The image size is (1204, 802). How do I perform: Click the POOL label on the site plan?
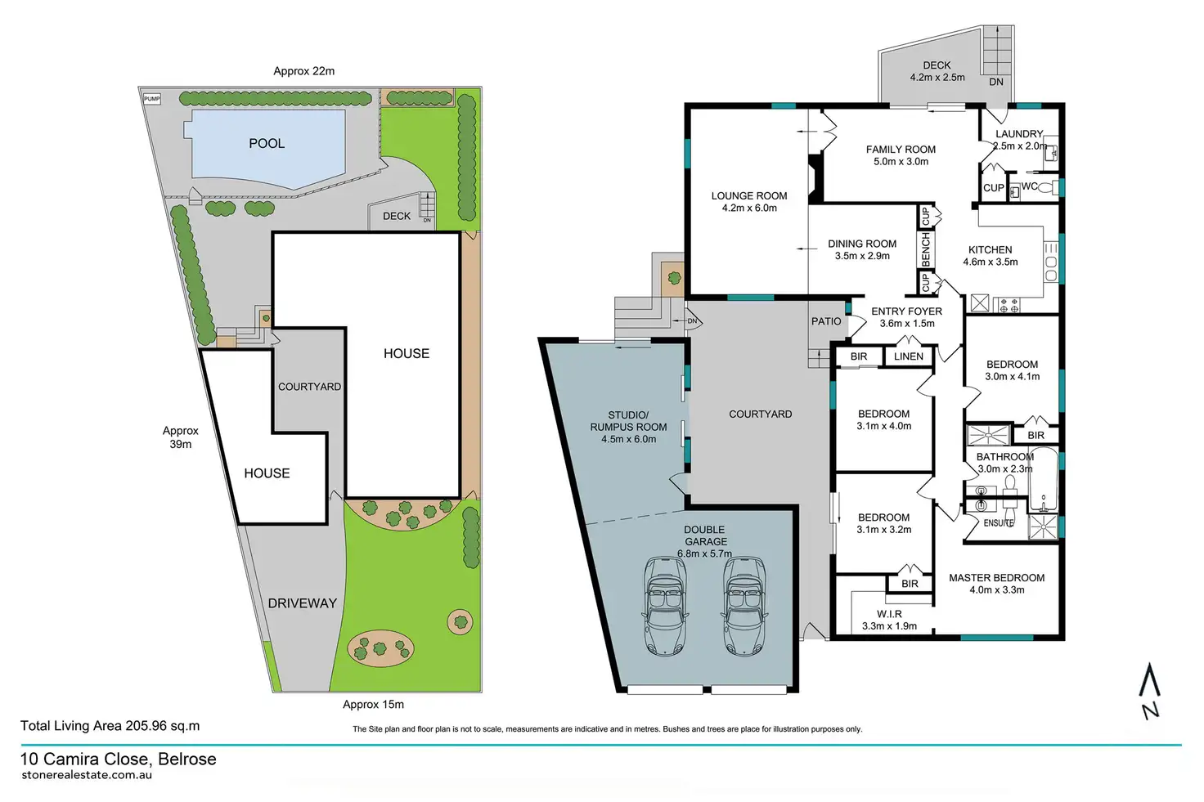pos(267,144)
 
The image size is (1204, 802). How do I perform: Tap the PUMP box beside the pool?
pos(152,99)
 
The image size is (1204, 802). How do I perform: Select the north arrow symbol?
pos(1150,691)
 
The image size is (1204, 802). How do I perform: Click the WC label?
pos(1029,186)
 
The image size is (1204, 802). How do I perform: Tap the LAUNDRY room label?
pos(1019,134)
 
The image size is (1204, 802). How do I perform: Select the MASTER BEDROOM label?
pos(996,578)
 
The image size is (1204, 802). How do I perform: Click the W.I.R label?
pos(889,614)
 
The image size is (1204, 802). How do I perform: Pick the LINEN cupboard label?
pos(908,356)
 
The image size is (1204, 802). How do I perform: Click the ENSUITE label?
pos(998,523)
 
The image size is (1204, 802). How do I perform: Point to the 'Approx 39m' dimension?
pos(180,437)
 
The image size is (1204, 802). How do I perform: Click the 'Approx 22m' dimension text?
pos(303,71)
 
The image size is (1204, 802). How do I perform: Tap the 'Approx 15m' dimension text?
pos(373,705)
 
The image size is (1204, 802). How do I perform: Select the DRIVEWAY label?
pos(302,603)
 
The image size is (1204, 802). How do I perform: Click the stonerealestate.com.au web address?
pos(87,775)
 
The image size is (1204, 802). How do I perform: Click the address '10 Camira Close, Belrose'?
pos(119,759)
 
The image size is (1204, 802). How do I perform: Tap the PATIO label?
pos(826,321)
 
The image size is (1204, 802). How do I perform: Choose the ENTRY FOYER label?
pos(906,311)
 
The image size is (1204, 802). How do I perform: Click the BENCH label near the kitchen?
pos(926,249)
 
